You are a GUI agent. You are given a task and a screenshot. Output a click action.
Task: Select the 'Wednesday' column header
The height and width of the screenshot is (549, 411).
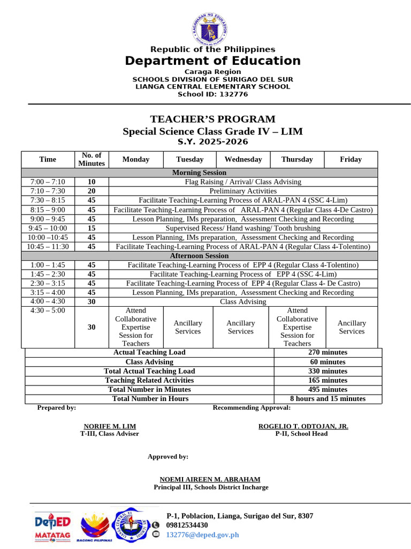pos(243,159)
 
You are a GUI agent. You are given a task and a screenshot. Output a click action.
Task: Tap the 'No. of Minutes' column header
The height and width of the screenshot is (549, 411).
pos(92,159)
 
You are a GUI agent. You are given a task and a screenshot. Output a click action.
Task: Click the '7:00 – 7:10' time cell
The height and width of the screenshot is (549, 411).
pos(48,182)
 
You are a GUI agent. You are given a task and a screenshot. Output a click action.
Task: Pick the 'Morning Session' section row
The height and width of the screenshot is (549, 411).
pos(199,173)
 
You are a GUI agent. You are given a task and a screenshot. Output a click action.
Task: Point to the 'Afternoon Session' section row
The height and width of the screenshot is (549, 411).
pos(199,256)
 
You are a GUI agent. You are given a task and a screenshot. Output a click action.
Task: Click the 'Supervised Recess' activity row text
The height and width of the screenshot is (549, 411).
pos(243,228)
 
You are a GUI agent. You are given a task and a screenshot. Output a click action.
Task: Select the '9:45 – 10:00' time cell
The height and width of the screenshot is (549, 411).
pos(48,228)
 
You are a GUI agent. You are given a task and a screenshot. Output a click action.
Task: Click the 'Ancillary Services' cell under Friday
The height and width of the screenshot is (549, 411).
pos(352,327)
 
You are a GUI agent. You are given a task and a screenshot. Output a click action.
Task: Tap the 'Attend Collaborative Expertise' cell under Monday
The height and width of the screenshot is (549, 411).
pos(136,327)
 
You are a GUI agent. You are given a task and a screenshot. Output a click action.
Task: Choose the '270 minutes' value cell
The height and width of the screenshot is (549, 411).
pos(328,352)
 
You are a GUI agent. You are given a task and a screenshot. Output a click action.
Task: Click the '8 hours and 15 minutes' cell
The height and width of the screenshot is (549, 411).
pos(328,398)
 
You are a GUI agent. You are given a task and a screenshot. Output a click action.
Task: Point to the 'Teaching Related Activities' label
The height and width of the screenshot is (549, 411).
pos(149,380)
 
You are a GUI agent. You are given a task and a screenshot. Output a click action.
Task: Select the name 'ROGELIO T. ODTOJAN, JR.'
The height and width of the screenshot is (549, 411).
pos(303,426)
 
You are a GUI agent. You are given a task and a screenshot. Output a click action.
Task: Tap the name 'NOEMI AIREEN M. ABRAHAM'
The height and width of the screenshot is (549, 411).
pos(210,479)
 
